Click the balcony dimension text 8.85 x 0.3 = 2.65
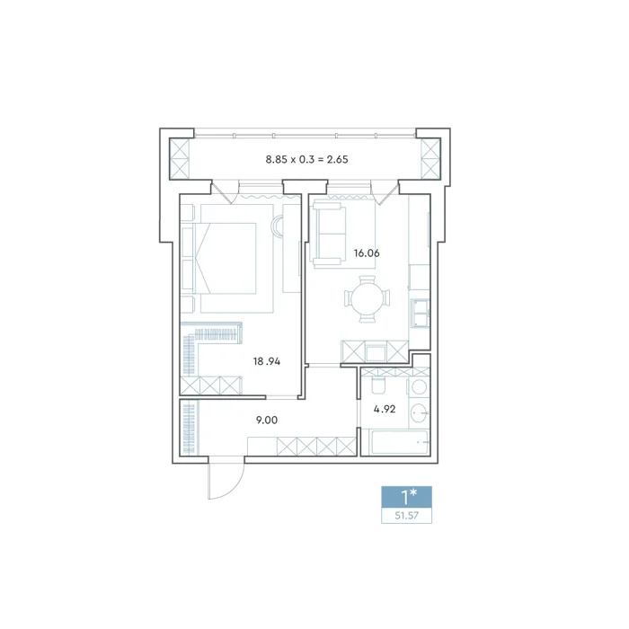[x=307, y=159]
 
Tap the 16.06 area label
[x=367, y=253]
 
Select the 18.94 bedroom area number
[x=267, y=361]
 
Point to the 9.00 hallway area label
[x=267, y=420]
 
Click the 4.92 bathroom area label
[x=385, y=409]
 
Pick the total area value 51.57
[x=406, y=516]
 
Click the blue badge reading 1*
[x=406, y=497]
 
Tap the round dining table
[x=367, y=299]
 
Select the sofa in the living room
[x=329, y=234]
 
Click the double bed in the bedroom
[x=225, y=259]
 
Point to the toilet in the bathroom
[x=378, y=385]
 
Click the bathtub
[x=400, y=442]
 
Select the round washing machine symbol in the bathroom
[x=420, y=387]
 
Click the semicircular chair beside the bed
[x=277, y=226]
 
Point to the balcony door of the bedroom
[x=223, y=191]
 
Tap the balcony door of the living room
[x=385, y=192]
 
